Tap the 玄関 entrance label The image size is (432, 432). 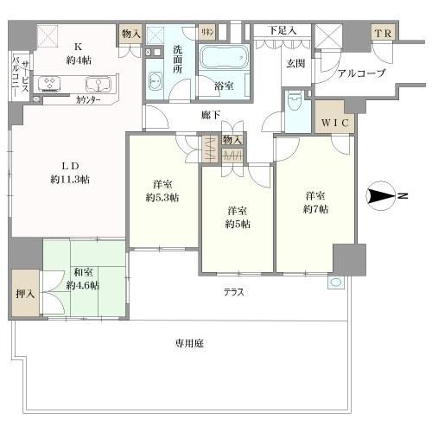295,63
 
